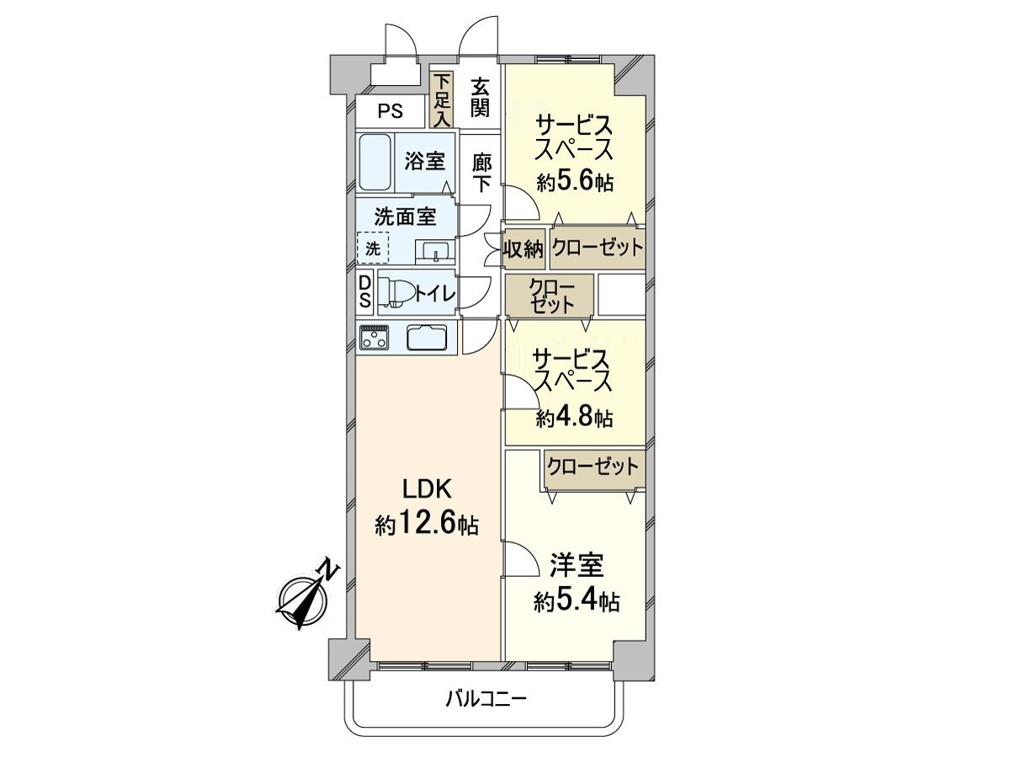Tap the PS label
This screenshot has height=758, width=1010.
point(389,111)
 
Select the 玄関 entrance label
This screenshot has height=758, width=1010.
point(480,96)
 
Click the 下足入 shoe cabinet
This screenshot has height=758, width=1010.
point(442,99)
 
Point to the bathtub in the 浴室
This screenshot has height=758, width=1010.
point(375,163)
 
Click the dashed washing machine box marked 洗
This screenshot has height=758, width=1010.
point(372,248)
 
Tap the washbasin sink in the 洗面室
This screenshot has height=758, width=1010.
point(435,252)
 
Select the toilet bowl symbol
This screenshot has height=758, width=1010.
point(396,293)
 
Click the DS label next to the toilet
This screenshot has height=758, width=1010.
point(365,292)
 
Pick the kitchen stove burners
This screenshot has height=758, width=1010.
point(375,338)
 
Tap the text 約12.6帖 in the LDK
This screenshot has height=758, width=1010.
point(427,526)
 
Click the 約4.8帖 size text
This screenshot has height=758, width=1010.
point(575,417)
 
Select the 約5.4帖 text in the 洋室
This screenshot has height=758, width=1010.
point(577,601)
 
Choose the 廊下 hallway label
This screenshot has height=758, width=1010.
point(481,173)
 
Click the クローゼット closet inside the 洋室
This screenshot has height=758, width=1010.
point(593,466)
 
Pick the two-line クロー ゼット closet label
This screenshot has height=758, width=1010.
point(551,296)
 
